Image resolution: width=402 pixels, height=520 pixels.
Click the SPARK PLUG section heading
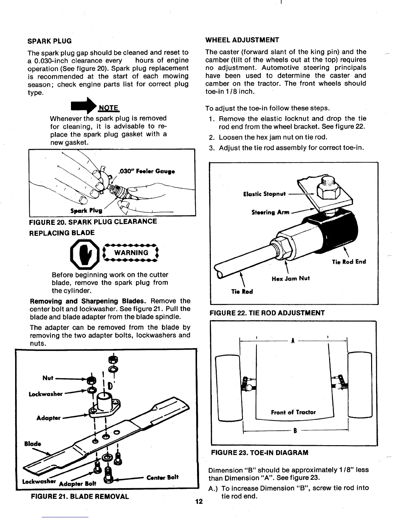(x=50, y=41)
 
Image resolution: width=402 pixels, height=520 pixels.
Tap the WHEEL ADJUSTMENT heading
(x=242, y=40)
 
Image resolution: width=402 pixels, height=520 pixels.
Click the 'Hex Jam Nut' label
(x=290, y=279)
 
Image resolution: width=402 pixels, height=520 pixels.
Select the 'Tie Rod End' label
(x=349, y=262)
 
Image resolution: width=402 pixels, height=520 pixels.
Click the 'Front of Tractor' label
(x=293, y=412)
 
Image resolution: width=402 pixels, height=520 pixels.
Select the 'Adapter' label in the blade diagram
(x=48, y=418)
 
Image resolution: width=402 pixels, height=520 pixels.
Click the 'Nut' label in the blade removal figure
(x=48, y=378)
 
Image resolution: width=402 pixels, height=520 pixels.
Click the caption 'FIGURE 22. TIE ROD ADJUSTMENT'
(x=267, y=313)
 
